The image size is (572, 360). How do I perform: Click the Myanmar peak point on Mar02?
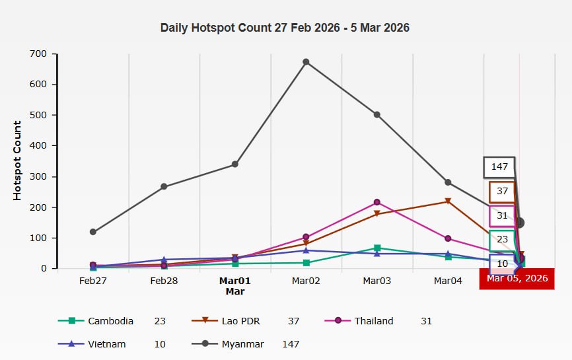click(306, 62)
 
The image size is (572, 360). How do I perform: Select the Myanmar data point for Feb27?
click(93, 232)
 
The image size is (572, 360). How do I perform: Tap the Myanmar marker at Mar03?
click(376, 114)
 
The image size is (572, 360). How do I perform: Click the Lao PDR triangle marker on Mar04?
click(448, 201)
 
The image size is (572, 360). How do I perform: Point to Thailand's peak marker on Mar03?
click(376, 202)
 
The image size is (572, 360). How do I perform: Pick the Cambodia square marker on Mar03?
click(376, 248)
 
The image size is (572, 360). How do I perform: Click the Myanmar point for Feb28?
click(164, 187)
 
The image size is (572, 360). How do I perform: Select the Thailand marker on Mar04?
click(448, 238)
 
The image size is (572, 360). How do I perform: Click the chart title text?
click(285, 28)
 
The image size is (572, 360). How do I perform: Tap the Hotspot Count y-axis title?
click(18, 161)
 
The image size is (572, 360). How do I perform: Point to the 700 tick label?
click(38, 54)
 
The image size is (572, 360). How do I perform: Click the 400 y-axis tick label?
click(38, 145)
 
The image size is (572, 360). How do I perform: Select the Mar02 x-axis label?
click(306, 281)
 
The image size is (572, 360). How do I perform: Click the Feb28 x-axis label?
click(164, 281)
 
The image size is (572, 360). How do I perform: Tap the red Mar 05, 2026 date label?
click(517, 278)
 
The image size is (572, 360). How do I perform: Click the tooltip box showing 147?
click(499, 166)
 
